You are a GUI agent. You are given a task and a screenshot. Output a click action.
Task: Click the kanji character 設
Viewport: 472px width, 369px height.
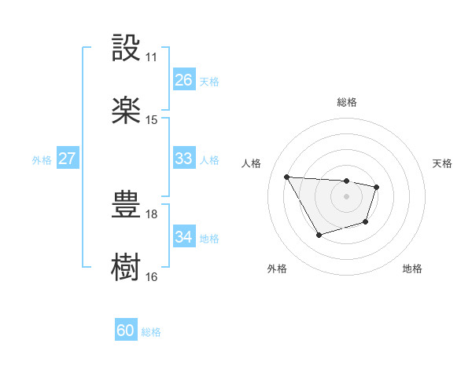pos(127,48)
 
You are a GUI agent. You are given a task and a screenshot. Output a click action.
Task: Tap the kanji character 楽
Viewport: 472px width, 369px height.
pos(127,111)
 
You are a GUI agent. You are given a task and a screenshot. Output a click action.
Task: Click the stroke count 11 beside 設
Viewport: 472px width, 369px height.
pos(152,57)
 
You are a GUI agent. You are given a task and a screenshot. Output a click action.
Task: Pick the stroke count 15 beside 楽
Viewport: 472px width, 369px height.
pos(152,120)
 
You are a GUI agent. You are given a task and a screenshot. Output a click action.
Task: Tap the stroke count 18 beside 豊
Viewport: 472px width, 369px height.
pos(152,214)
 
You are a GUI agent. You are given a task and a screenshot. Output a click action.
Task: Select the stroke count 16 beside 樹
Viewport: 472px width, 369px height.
pos(152,276)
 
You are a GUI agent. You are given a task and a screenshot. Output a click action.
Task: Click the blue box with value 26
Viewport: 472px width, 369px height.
pos(183,79)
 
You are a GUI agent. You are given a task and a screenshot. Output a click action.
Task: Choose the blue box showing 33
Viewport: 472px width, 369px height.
pos(183,159)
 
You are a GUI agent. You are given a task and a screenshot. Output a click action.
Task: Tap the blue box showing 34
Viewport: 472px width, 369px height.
pos(183,236)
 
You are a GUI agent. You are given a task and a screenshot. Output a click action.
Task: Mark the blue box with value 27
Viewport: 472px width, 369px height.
pos(67,159)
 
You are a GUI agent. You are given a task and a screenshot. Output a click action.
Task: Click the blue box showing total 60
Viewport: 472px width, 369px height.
pos(126,331)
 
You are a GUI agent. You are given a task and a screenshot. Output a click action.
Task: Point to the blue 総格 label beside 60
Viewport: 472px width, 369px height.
pos(152,332)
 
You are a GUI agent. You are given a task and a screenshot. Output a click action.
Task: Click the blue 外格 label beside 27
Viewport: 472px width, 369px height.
pos(42,160)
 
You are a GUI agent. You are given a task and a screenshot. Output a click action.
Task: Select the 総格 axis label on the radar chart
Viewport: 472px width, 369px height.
pos(347,102)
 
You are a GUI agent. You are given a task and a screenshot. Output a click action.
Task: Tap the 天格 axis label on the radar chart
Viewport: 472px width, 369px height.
pos(443,163)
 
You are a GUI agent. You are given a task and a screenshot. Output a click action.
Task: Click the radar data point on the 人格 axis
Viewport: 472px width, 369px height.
pos(286,177)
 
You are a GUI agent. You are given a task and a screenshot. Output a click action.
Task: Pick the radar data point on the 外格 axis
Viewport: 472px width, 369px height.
pos(319,235)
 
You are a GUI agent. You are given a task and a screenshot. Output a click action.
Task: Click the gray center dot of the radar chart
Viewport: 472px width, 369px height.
pos(347,195)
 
